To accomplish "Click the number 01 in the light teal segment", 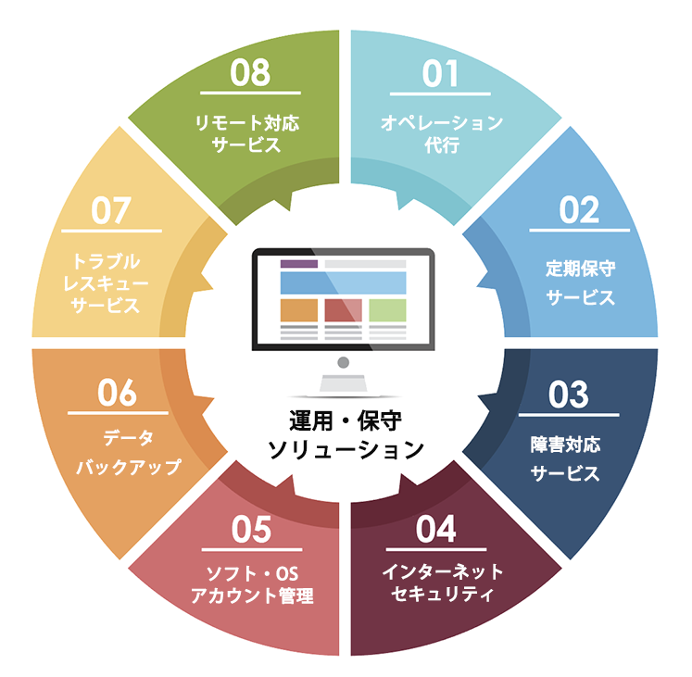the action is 440,74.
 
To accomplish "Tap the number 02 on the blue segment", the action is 579,210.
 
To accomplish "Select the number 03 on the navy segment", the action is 569,395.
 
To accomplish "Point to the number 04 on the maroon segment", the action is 435,529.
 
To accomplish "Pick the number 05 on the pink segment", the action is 252,530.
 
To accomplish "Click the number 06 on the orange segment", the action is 118,393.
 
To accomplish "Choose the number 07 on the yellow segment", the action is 111,210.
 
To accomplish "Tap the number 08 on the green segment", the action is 250,73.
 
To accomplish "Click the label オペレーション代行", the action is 442,133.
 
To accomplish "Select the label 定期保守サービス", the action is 580,282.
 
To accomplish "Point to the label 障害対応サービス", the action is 565,459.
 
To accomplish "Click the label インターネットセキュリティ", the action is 443,583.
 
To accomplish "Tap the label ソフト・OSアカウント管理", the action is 252,584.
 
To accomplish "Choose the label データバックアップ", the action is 129,452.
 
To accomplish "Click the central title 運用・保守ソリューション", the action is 346,435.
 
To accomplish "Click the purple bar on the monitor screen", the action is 299,264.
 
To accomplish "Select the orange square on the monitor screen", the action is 299,310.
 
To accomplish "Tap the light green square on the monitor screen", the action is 387,310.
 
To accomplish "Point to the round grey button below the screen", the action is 344,363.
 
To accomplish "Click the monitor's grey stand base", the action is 344,383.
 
